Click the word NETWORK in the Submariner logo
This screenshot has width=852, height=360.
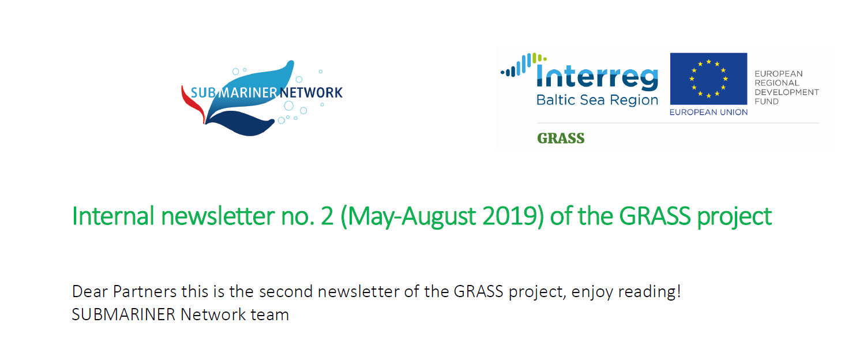tap(311, 92)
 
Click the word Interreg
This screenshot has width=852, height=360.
tap(597, 77)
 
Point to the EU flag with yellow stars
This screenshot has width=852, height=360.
tap(708, 79)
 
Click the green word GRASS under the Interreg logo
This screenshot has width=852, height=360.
tap(561, 138)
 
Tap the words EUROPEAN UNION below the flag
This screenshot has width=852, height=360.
tap(708, 112)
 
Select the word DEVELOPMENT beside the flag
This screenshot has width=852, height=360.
tap(787, 92)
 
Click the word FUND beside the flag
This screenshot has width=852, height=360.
tap(767, 102)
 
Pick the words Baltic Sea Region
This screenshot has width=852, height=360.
tap(597, 100)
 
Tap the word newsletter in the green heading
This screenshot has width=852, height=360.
tap(218, 216)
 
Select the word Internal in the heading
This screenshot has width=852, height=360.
tap(113, 216)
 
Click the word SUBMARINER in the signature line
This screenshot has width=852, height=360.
tap(123, 315)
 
